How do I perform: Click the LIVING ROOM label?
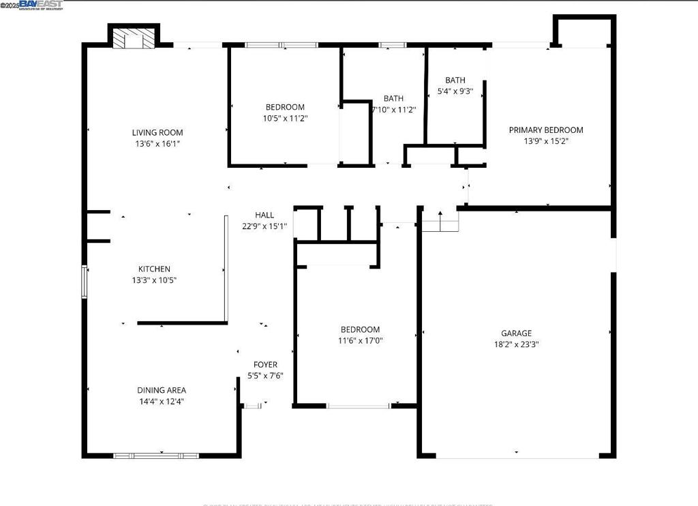pos(157,132)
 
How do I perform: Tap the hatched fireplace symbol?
pos(133,38)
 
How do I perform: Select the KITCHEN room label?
pos(154,269)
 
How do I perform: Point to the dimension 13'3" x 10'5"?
pos(154,280)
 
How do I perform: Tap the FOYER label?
pos(265,364)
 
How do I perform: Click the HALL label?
pos(264,215)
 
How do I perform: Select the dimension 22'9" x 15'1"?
pos(264,226)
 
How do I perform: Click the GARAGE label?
pos(516,333)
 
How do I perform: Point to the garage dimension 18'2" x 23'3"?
pos(516,344)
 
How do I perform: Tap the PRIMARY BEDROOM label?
pos(546,130)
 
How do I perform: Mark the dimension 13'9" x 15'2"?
pos(546,141)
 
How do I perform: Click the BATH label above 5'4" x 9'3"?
pos(455,80)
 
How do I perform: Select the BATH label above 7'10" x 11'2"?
pos(393,98)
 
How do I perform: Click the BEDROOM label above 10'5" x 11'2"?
pos(285,107)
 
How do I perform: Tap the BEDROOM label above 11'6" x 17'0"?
pos(360,329)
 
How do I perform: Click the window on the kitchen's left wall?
pos(85,282)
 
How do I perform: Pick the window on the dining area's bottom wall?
pos(156,455)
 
